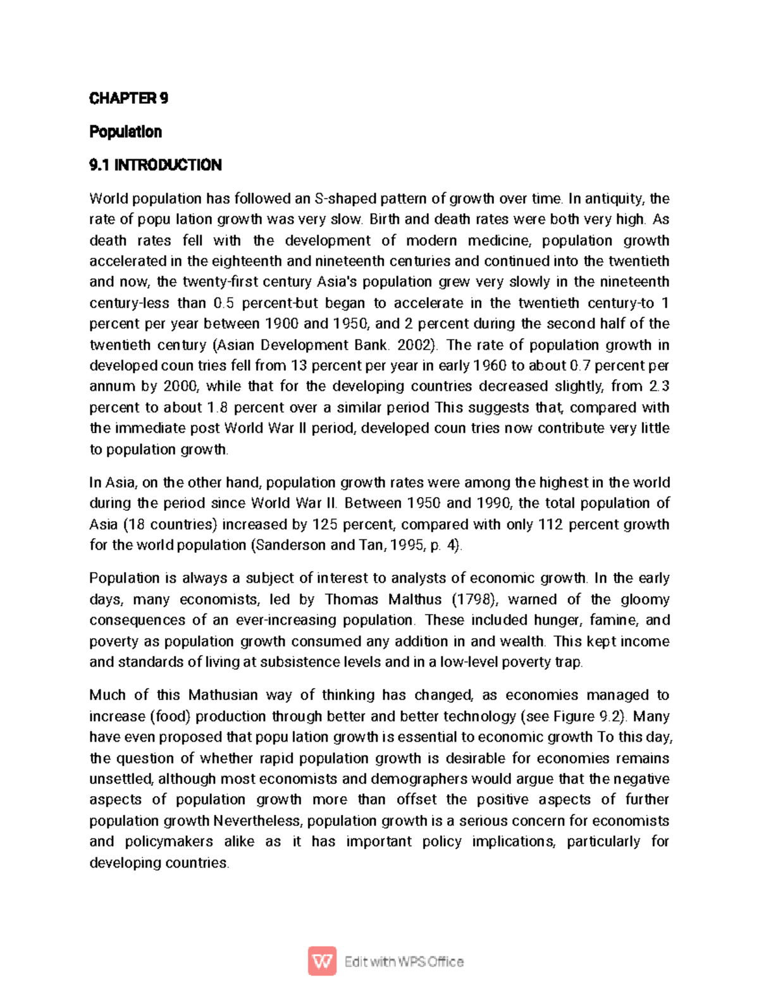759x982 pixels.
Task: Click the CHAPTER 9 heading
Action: click(128, 98)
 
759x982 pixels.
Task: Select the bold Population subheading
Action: click(125, 132)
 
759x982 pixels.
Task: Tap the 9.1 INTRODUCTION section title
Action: click(155, 165)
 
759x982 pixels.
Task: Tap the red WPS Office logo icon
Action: click(322, 962)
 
